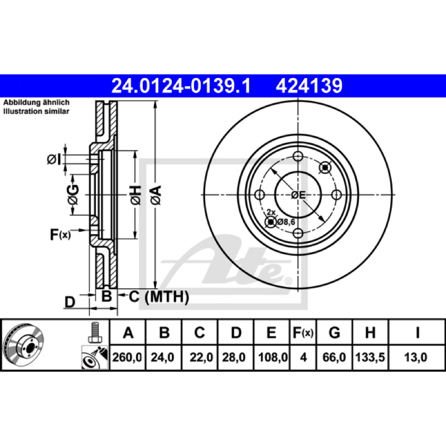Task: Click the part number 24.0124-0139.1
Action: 181,86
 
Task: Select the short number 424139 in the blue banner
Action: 309,86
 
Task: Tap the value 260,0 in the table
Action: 127,357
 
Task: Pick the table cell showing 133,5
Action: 370,357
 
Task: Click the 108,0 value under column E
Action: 273,357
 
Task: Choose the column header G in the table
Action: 334,332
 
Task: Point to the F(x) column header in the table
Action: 303,332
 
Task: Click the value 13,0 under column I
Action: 415,357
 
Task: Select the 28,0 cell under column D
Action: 234,357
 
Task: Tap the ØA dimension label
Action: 157,195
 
